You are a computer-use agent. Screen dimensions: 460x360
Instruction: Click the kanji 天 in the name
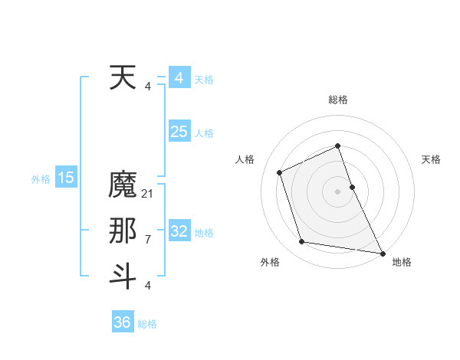(123, 78)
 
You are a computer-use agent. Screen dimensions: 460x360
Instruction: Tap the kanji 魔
(123, 185)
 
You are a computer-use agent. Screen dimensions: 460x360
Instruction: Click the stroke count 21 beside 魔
(148, 194)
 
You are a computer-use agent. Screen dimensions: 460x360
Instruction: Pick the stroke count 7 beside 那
(148, 239)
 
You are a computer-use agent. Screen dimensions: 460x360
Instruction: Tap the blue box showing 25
(179, 132)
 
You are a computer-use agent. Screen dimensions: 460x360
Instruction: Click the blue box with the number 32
(179, 231)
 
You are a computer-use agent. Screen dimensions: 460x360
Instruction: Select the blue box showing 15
(66, 178)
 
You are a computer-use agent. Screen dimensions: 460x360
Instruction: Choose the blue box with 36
(123, 322)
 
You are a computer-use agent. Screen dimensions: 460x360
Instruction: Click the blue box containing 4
(179, 78)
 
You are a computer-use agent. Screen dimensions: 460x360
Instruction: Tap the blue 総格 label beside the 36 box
(147, 324)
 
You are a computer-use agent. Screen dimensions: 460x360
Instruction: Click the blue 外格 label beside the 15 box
(41, 179)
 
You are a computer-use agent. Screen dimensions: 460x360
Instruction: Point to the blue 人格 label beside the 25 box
(204, 133)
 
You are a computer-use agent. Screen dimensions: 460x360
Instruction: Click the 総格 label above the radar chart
(337, 100)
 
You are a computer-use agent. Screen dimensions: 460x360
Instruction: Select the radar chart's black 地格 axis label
(402, 262)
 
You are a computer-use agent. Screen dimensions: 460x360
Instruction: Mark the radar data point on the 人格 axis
(280, 172)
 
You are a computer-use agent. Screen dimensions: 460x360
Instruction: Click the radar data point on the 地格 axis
(382, 253)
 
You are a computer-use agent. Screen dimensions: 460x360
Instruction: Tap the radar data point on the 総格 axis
(337, 146)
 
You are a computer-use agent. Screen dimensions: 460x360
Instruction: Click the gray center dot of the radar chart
(337, 191)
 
